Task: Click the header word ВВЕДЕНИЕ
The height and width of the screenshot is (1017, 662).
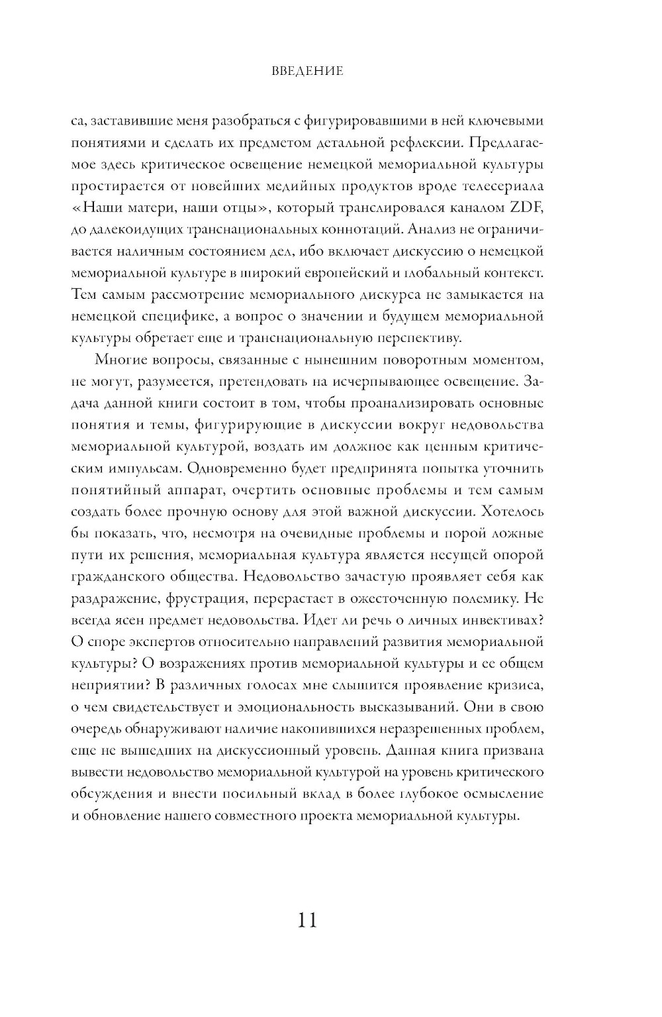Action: click(307, 71)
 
